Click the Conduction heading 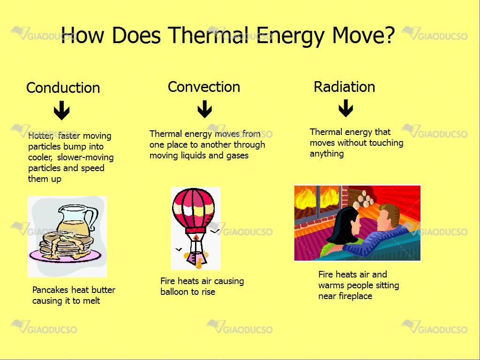[x=63, y=88]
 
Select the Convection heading [x=204, y=87]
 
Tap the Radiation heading [x=345, y=87]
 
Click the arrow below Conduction [x=61, y=110]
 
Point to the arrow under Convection [x=205, y=109]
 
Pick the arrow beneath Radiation [x=345, y=108]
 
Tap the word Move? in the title [x=363, y=35]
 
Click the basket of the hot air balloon [x=195, y=259]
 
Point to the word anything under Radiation [x=327, y=154]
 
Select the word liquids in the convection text [x=193, y=156]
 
